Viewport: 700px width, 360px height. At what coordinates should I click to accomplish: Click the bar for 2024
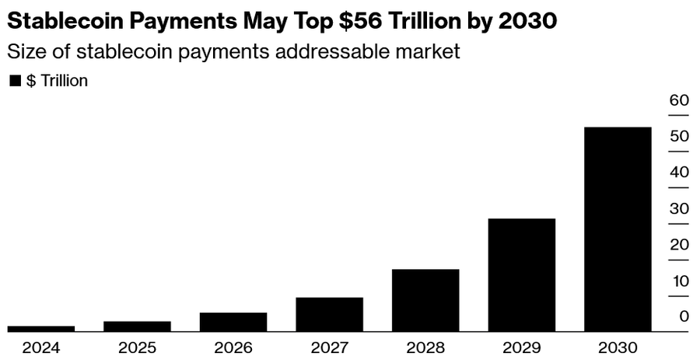[x=41, y=329]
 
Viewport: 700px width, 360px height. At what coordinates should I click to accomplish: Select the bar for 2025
[x=137, y=326]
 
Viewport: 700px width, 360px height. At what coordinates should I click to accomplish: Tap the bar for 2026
[x=233, y=322]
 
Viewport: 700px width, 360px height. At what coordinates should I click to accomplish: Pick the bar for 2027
[x=329, y=314]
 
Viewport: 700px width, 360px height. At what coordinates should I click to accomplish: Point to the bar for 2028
[x=425, y=300]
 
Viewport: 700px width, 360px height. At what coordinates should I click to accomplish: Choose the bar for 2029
[x=522, y=275]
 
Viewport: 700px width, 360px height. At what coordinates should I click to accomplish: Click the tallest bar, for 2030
[x=618, y=229]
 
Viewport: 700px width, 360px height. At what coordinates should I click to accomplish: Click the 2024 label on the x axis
[x=41, y=348]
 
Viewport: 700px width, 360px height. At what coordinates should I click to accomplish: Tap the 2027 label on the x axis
[x=329, y=348]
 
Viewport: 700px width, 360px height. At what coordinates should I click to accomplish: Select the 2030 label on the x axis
[x=618, y=348]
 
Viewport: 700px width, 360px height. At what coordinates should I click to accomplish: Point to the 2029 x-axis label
[x=522, y=348]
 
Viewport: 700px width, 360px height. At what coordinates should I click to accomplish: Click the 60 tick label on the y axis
[x=679, y=100]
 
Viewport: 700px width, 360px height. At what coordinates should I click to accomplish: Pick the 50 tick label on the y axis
[x=679, y=136]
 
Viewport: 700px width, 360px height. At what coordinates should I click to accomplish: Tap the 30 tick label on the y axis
[x=679, y=208]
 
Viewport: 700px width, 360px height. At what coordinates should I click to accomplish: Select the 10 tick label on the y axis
[x=679, y=281]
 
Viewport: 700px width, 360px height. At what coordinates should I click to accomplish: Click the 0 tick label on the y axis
[x=684, y=316]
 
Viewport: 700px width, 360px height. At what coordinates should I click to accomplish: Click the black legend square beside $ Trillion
[x=15, y=81]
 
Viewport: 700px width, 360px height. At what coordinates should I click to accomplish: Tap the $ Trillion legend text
[x=57, y=81]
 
